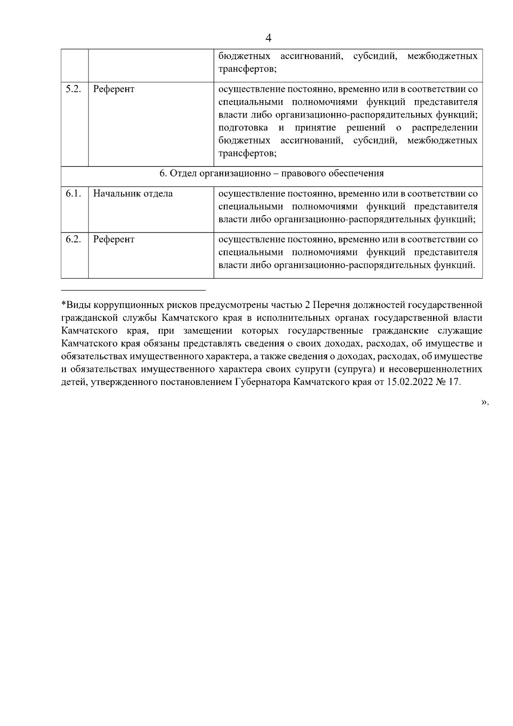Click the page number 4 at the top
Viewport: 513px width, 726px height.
click(268, 38)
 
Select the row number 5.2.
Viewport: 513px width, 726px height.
click(74, 89)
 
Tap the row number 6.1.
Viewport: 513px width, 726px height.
click(74, 193)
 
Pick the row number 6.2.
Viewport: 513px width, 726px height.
click(74, 239)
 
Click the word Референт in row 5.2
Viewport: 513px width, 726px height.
click(114, 89)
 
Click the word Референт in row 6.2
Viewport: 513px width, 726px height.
click(114, 240)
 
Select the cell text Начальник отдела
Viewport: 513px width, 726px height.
click(133, 194)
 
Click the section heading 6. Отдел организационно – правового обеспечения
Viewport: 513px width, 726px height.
click(271, 173)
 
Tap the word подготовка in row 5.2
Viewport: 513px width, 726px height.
click(243, 128)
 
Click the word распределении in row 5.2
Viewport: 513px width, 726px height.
click(445, 128)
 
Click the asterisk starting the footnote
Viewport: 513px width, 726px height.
click(64, 305)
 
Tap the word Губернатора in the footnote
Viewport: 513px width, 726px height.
click(263, 382)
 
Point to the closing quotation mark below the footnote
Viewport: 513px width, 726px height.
click(484, 402)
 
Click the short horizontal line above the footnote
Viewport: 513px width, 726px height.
click(133, 290)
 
